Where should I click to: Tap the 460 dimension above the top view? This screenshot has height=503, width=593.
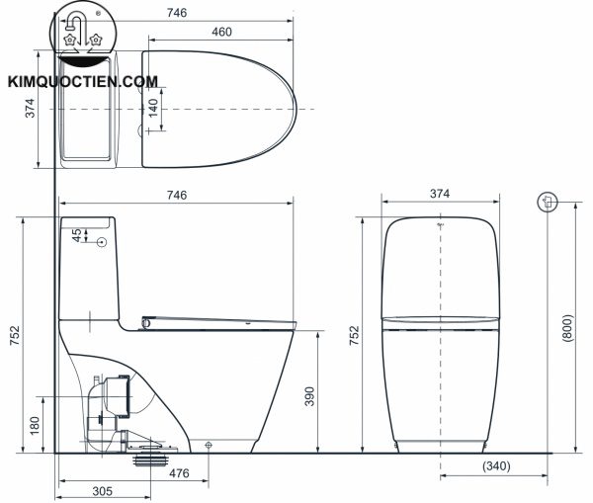tap(220, 33)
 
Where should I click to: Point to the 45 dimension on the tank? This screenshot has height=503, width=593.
tap(77, 237)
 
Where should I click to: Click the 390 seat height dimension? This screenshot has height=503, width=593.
tap(308, 395)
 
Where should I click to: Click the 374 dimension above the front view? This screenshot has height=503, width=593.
tap(441, 195)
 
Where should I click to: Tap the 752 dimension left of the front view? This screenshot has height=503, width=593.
tap(355, 334)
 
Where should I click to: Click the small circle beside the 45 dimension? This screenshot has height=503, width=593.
tap(102, 240)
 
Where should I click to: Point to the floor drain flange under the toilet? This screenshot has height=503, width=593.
tap(149, 459)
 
